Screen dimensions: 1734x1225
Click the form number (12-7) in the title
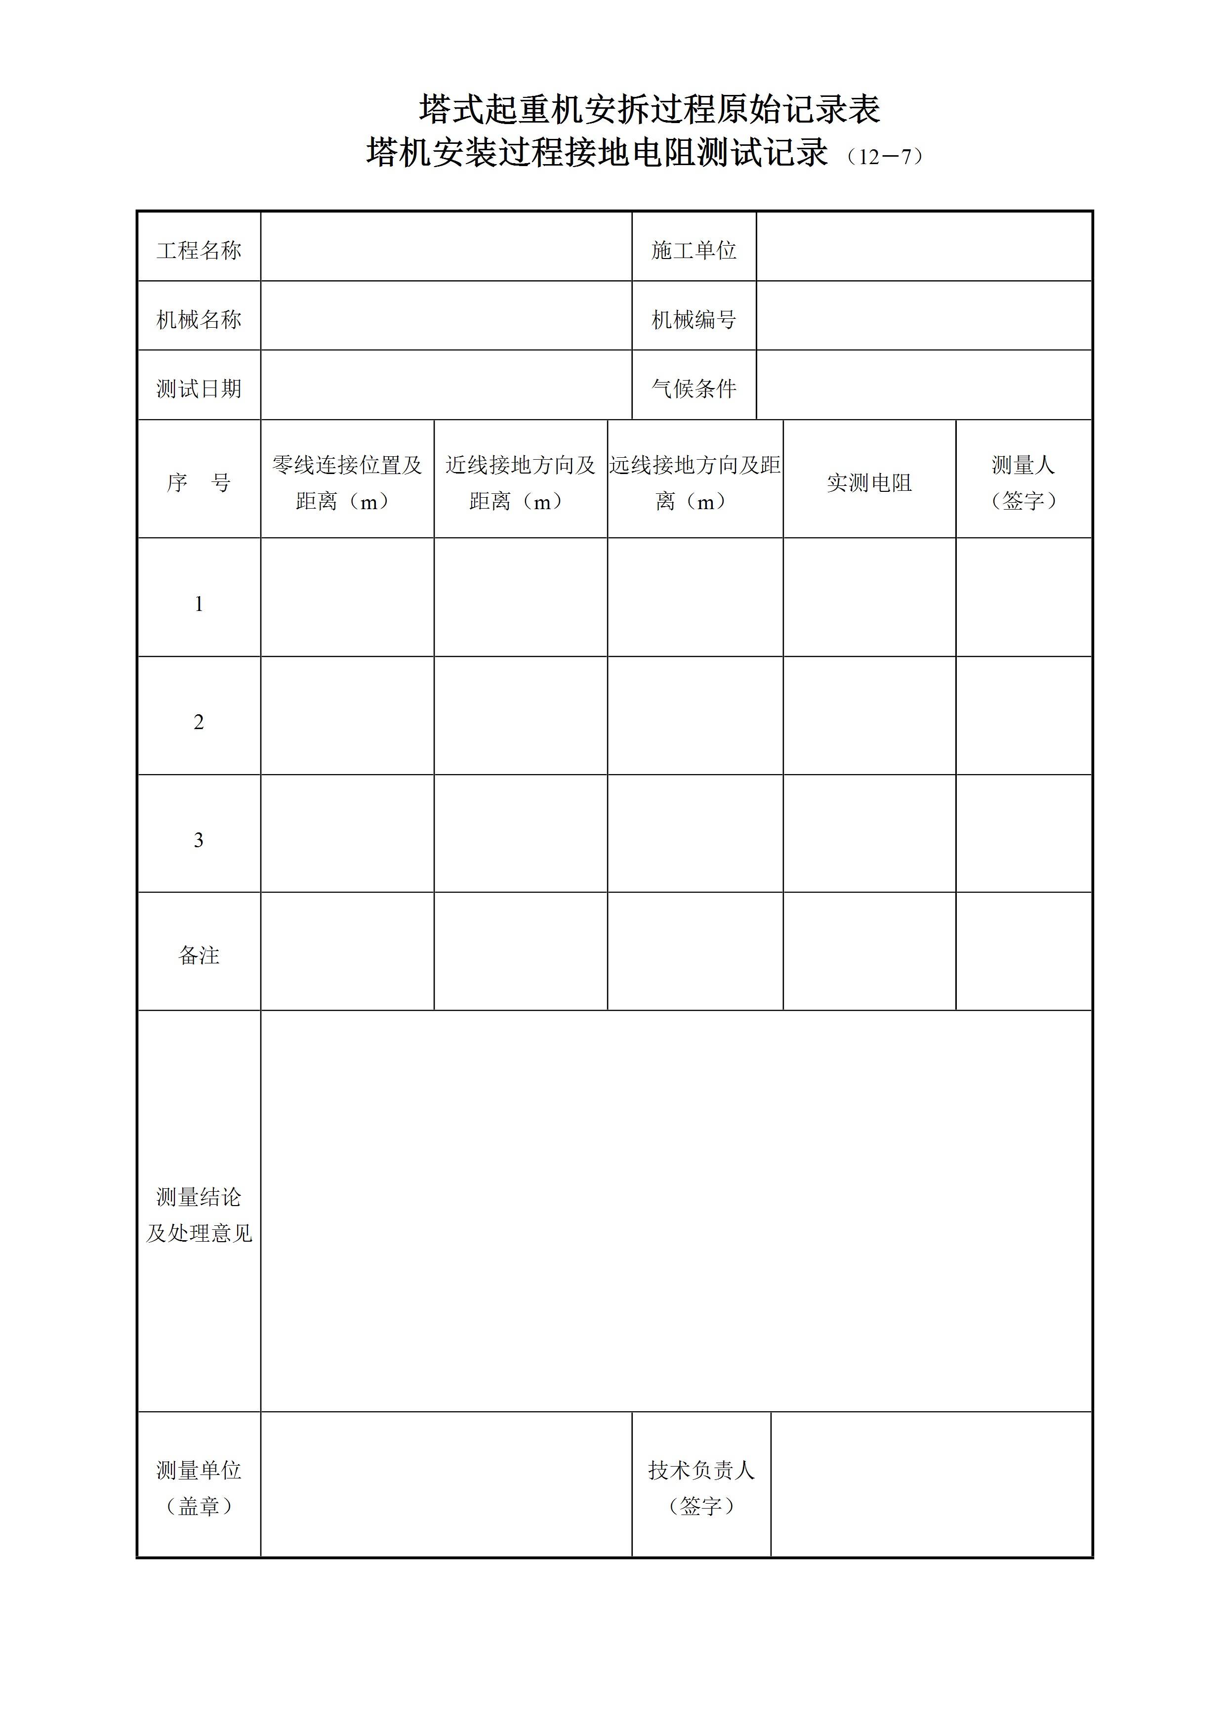pyautogui.click(x=884, y=156)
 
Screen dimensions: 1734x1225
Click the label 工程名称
pyautogui.click(x=199, y=250)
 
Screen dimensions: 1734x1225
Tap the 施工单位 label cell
pyautogui.click(x=694, y=250)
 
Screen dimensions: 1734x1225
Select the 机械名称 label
pyautogui.click(x=199, y=319)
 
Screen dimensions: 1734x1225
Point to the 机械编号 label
pyautogui.click(x=694, y=319)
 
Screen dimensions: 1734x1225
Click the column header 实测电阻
pyautogui.click(x=869, y=482)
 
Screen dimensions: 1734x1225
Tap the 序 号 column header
pyautogui.click(x=199, y=482)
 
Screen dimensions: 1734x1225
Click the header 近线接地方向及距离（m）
pyautogui.click(x=520, y=482)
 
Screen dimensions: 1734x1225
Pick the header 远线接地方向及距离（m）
pyautogui.click(x=694, y=482)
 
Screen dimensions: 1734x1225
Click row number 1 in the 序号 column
pyautogui.click(x=199, y=604)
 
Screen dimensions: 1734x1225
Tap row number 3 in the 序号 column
pyautogui.click(x=199, y=840)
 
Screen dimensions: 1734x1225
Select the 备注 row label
pyautogui.click(x=199, y=955)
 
